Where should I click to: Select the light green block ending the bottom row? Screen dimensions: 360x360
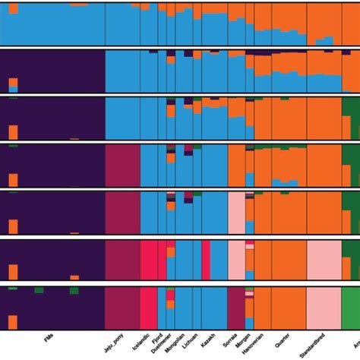coord(350,308)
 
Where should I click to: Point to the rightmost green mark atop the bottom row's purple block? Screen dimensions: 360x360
coord(74,289)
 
